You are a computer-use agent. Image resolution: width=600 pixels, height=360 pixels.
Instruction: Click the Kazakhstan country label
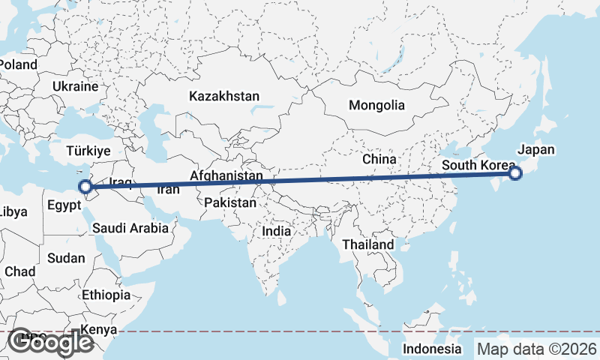click(x=224, y=96)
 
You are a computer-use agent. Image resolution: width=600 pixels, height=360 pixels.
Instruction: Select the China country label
click(x=379, y=159)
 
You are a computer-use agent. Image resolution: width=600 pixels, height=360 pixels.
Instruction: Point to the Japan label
click(x=536, y=149)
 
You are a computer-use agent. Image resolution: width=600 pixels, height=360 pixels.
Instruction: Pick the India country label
click(x=277, y=231)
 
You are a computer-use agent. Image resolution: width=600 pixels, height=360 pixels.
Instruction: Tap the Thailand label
click(x=368, y=244)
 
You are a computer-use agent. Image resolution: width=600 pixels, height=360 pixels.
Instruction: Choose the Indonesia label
click(x=432, y=349)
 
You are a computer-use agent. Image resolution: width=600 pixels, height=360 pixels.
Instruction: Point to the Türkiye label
click(x=88, y=151)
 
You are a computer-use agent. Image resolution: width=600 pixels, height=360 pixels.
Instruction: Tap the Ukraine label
click(x=76, y=87)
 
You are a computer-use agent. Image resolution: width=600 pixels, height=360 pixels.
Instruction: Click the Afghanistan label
click(x=226, y=175)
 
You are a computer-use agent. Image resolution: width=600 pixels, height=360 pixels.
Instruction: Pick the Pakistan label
click(x=229, y=202)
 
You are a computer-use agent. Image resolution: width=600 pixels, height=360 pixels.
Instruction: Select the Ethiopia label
click(x=106, y=295)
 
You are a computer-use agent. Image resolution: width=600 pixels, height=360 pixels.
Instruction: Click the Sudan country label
click(x=66, y=258)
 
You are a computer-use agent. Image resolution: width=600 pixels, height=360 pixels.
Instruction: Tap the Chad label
click(x=19, y=271)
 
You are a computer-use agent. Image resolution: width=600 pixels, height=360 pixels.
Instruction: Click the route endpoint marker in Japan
click(x=515, y=174)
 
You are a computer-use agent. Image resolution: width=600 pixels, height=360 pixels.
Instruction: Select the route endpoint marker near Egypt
click(x=85, y=187)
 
